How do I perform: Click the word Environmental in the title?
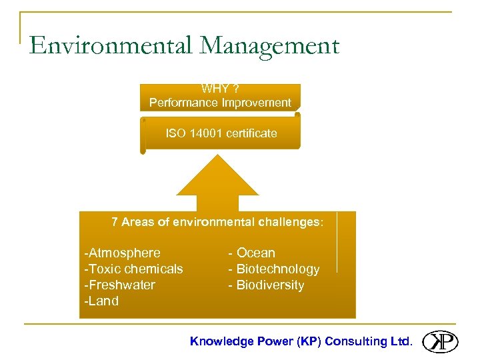tap(111, 46)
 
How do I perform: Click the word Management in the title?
tap(269, 46)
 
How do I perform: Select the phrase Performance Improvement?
tap(220, 103)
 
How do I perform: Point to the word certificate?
tap(251, 133)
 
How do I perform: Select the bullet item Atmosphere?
tap(123, 253)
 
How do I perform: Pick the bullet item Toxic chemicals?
tap(134, 269)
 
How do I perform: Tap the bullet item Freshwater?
tap(120, 285)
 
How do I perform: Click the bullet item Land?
tap(102, 301)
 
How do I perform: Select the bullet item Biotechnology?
tap(274, 269)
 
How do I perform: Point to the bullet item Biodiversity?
tap(266, 285)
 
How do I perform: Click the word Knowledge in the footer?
tap(222, 341)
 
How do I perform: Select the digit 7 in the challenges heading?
tap(115, 222)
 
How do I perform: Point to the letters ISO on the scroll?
tap(176, 133)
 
